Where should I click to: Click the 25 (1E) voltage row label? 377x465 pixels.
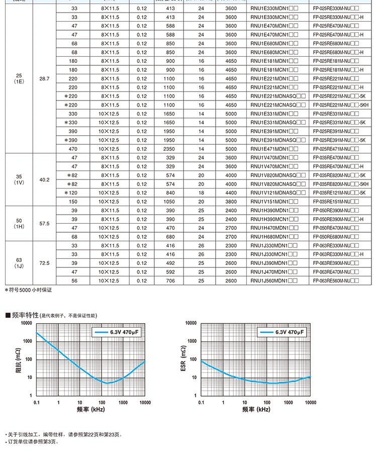(19, 78)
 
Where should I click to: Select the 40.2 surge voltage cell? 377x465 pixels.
(44, 179)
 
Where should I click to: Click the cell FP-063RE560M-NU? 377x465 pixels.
(335, 281)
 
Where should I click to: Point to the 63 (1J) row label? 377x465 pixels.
(19, 263)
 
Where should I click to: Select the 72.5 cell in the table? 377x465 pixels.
(44, 263)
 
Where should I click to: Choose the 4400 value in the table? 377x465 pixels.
(231, 193)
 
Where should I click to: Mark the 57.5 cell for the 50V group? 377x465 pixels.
(44, 223)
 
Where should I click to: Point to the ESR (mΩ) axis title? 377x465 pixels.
(183, 359)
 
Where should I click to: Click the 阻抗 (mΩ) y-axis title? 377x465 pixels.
(18, 359)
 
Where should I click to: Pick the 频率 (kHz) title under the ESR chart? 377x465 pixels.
(256, 410)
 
